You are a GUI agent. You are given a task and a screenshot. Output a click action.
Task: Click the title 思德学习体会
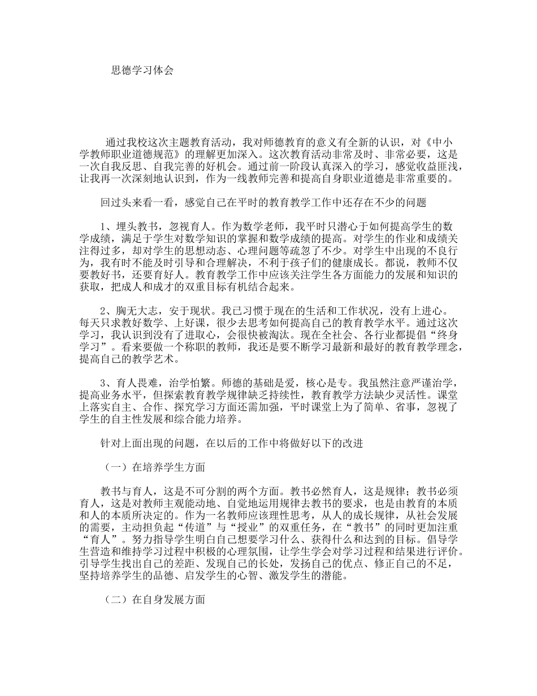click(142, 71)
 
